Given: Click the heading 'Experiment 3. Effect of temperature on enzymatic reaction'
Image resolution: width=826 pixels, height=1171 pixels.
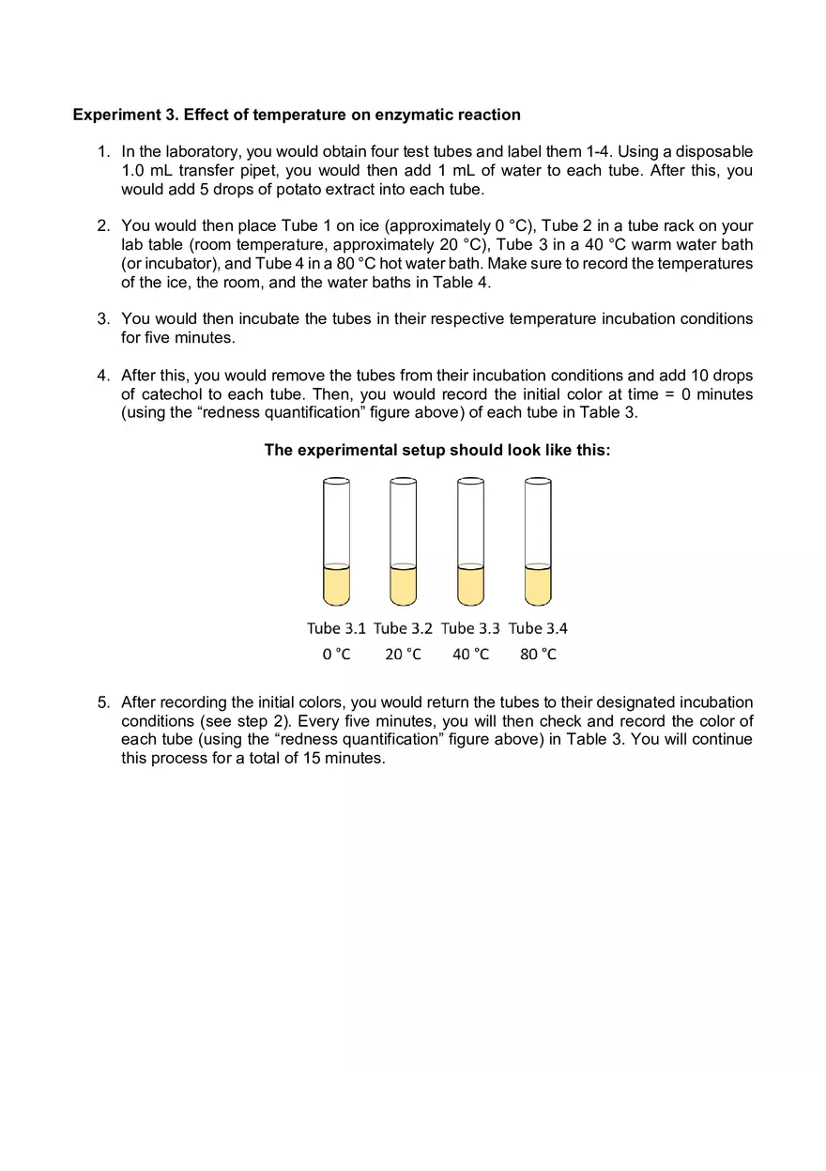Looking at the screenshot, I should click(297, 115).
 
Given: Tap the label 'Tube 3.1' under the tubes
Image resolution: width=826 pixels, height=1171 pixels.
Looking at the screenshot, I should click(336, 628).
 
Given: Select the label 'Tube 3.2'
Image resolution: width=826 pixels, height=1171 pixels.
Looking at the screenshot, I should click(403, 628).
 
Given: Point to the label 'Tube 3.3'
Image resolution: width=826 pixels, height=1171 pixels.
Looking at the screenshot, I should click(470, 628).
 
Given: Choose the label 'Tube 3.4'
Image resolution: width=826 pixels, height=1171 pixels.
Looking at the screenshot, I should click(538, 628).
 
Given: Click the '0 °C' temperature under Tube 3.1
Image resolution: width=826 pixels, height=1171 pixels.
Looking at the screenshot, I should click(336, 654).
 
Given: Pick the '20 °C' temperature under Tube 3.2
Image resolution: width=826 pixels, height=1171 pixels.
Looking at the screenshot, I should click(403, 654).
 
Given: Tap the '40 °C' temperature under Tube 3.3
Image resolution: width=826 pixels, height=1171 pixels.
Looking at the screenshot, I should click(470, 654).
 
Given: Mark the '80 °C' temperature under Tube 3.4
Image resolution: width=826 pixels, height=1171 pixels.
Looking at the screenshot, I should click(538, 654).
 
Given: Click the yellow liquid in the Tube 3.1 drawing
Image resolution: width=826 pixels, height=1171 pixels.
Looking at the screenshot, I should click(336, 587).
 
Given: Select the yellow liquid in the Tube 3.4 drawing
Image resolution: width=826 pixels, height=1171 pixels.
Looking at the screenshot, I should click(538, 587).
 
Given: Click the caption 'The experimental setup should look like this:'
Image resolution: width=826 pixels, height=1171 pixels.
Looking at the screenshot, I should click(437, 450).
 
